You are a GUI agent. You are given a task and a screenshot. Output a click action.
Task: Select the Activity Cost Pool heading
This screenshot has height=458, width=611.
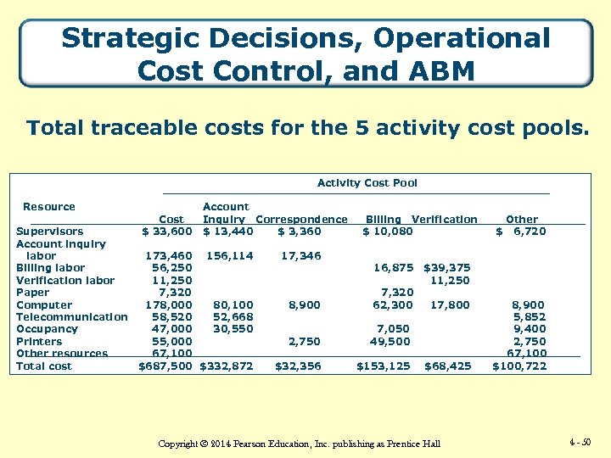(x=367, y=183)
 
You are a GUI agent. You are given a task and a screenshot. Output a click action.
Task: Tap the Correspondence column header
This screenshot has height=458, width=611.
(x=301, y=219)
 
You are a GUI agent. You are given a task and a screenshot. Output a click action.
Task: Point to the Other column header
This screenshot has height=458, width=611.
(x=521, y=219)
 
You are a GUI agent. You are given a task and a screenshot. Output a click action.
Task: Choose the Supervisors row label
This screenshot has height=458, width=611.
(x=50, y=232)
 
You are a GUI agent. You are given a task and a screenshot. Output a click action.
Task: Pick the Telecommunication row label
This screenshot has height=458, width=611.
(x=72, y=317)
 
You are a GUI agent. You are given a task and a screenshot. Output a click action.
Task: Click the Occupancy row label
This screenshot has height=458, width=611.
(x=47, y=329)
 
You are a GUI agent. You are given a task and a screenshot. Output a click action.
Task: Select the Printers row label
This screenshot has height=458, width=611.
(x=39, y=342)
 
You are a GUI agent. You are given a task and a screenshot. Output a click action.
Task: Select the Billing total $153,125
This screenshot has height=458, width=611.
(x=383, y=366)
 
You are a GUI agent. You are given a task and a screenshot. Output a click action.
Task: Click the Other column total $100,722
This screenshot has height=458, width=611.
(x=519, y=366)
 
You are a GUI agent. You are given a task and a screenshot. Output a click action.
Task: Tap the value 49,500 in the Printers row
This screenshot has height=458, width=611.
(x=390, y=342)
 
